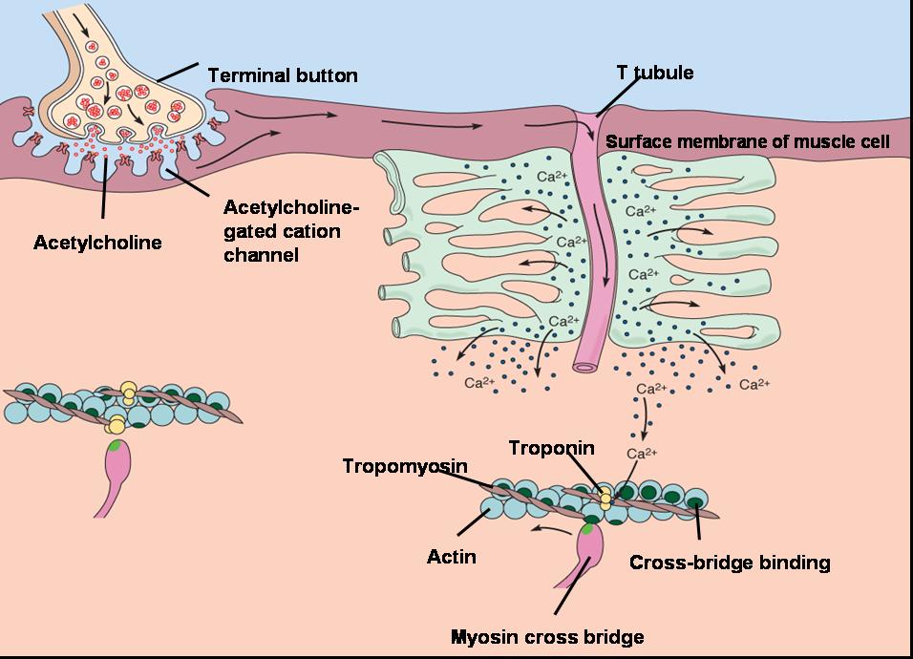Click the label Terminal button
tap(283, 75)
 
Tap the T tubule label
tap(655, 73)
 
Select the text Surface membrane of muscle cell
tap(748, 141)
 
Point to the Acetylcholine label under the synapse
tap(97, 243)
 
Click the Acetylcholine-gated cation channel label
tap(291, 231)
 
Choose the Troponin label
tap(551, 448)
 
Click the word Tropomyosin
tap(405, 466)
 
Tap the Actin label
tap(452, 557)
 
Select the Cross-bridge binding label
tap(730, 563)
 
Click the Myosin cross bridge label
tap(547, 636)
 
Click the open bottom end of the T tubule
tap(585, 367)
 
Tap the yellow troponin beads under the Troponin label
tap(606, 499)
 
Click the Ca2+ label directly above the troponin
tap(642, 453)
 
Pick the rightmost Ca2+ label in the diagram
tap(754, 384)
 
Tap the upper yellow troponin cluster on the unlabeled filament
tap(129, 393)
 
